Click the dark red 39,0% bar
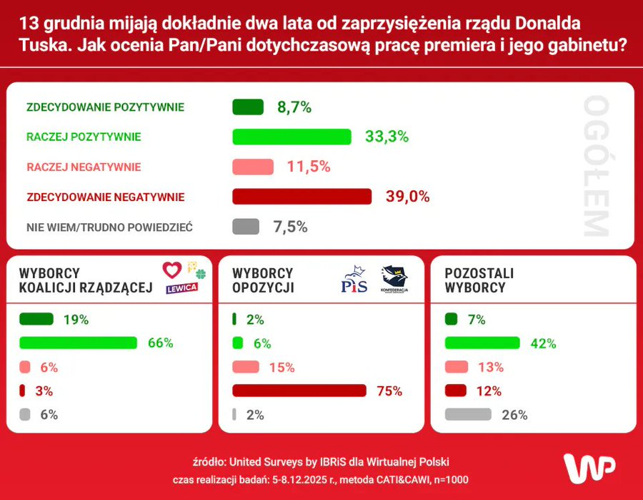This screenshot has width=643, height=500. pos(302,197)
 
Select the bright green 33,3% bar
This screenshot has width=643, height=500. pos(292,137)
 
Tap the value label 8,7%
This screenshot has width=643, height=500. pos(294,107)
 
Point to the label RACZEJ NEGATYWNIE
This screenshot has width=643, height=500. pos(84,167)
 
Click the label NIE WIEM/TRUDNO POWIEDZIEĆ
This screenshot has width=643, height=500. pos(109,227)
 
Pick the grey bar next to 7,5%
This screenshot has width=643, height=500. pos(246,227)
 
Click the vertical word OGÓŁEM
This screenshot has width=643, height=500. pos(595,167)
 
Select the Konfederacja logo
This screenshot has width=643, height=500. pos(394,279)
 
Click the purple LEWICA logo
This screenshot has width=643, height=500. pos(181,289)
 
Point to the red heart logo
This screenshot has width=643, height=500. pos(172,270)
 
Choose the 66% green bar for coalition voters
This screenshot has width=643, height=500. pos(78,343)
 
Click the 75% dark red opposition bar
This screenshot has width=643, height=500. pos(299,391)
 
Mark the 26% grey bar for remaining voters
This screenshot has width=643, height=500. pos(468,414)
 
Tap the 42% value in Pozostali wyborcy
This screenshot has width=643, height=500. pos(543,343)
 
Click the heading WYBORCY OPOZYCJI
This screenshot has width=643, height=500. pos(263,280)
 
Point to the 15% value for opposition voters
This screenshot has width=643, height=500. pos(281,367)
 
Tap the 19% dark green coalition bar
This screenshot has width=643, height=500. pos(36,319)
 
